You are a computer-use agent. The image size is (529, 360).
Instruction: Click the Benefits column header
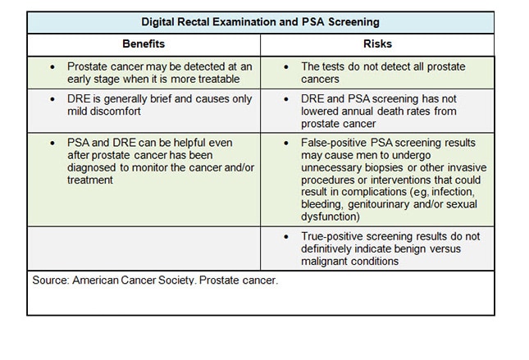click(x=144, y=44)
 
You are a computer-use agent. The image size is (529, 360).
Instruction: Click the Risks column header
click(x=377, y=44)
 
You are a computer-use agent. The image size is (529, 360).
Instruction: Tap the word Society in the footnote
click(x=193, y=280)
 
